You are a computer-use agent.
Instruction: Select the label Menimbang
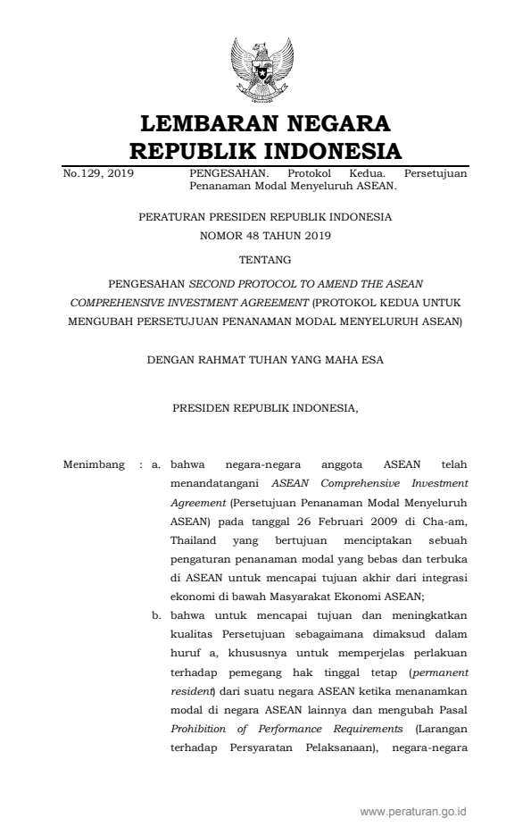pos(95,465)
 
